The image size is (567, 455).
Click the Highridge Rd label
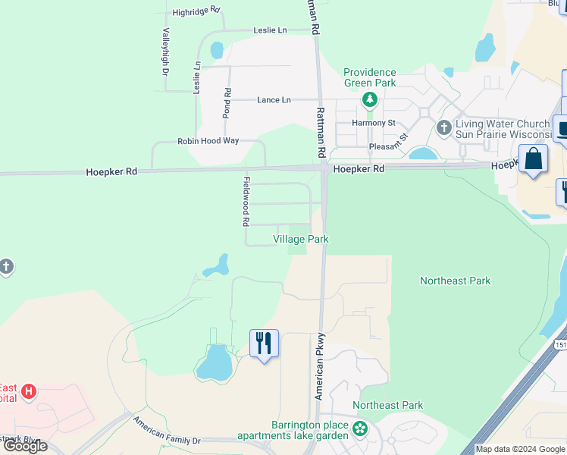tap(196, 12)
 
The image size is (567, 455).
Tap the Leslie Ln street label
tap(271, 30)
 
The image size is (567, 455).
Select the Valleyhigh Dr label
tap(164, 52)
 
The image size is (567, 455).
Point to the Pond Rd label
tap(227, 102)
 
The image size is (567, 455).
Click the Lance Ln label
tap(274, 99)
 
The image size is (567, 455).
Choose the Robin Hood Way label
tap(208, 141)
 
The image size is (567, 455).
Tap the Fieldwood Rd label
tap(246, 202)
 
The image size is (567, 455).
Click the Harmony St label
tap(374, 123)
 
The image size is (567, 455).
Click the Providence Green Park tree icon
tap(370, 99)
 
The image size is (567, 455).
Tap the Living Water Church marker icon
tap(444, 129)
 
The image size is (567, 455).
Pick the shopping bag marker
tap(534, 160)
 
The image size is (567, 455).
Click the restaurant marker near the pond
tap(264, 344)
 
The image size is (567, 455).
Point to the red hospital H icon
tap(29, 391)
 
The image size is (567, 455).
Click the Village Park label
tap(301, 239)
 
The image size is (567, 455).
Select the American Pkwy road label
tap(320, 366)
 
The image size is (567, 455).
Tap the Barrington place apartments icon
tap(359, 430)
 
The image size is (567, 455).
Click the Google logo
tap(25, 446)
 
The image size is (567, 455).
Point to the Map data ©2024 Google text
tap(520, 449)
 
